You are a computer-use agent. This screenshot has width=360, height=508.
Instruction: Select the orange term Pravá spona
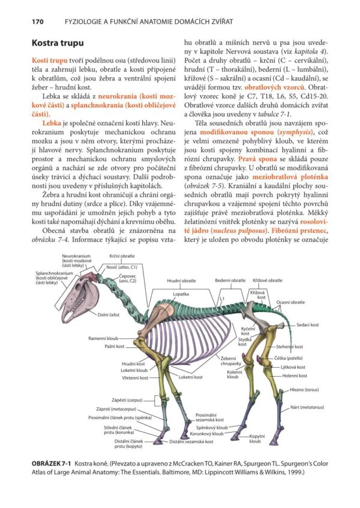click(x=257, y=175)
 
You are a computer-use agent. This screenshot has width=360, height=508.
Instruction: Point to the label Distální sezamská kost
click(x=191, y=441)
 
